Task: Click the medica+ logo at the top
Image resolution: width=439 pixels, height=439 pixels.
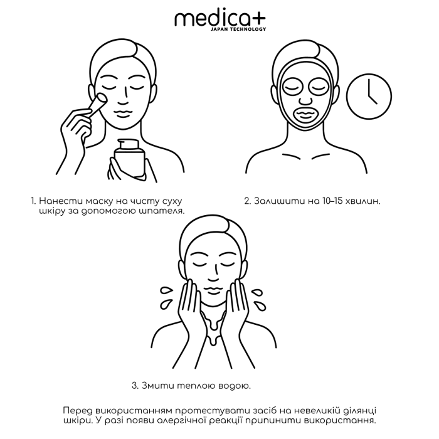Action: point(219,19)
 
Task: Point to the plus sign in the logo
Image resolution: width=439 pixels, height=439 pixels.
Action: point(257,18)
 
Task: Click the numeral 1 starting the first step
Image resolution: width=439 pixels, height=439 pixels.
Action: point(31,201)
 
